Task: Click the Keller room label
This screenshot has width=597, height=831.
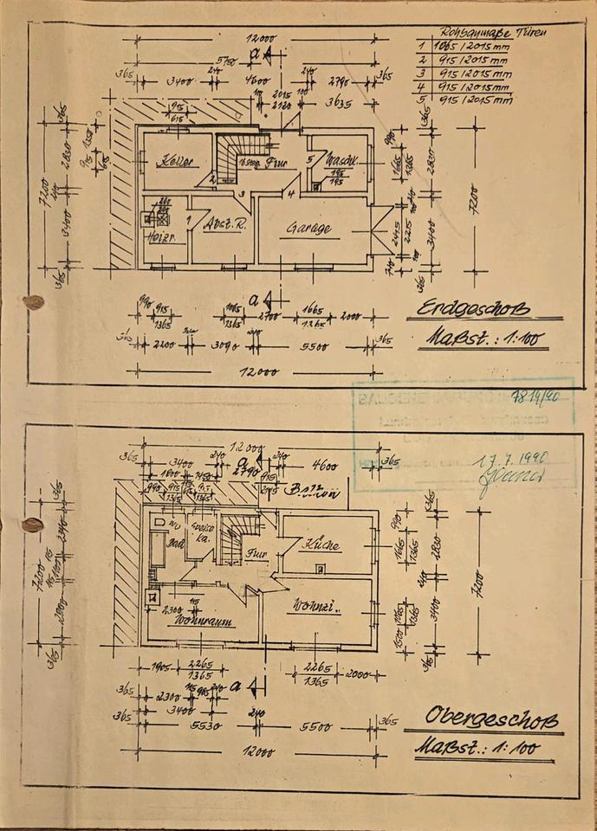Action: [x=173, y=163]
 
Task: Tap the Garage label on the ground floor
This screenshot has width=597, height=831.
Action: [x=309, y=229]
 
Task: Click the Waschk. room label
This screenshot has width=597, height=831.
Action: [x=343, y=161]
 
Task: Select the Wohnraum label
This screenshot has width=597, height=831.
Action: [x=193, y=620]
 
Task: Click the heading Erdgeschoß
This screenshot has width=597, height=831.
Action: [x=472, y=310]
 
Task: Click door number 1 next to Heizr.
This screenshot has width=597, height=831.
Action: [x=189, y=221]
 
